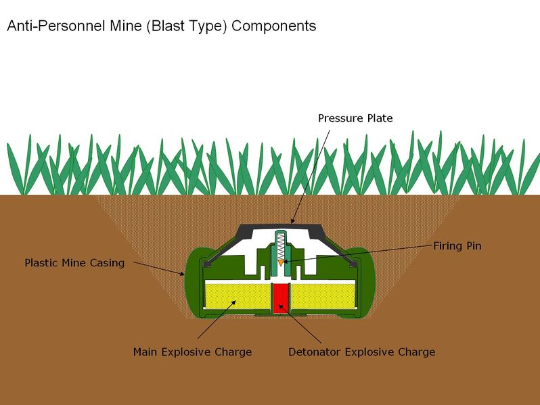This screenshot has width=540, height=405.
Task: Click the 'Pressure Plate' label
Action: click(355, 118)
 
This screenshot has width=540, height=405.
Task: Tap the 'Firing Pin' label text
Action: click(457, 245)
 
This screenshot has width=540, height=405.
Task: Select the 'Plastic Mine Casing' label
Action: click(74, 263)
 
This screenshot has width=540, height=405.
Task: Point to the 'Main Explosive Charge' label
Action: click(192, 352)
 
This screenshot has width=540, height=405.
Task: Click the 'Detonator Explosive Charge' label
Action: click(361, 352)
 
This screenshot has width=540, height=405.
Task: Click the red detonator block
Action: click(280, 298)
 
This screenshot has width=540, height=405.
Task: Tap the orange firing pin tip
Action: click(281, 263)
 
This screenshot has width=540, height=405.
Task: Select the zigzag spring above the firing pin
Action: click(281, 246)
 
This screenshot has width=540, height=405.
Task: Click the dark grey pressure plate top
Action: click(280, 228)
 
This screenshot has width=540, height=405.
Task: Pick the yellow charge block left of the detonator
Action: click(238, 295)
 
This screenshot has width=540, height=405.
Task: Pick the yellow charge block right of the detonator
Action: click(323, 295)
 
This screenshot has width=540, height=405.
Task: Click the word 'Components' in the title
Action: click(274, 26)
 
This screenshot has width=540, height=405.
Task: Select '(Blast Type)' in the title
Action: click(187, 26)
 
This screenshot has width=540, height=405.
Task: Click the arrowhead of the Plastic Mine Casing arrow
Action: click(182, 274)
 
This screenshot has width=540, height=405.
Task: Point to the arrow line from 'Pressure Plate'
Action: click(311, 176)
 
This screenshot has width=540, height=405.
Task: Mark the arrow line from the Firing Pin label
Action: click(358, 254)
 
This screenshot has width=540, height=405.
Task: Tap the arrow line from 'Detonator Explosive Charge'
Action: click(300, 323)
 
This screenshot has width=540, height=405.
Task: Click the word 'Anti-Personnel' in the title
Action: click(56, 26)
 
